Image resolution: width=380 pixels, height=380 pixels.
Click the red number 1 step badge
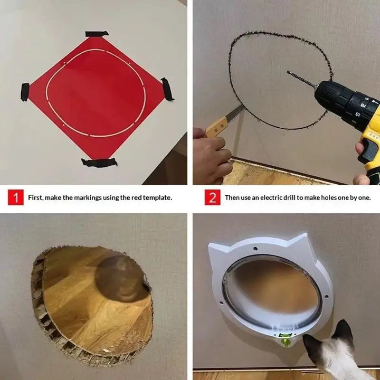point(15,198)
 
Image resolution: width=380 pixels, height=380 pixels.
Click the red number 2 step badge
point(212,198)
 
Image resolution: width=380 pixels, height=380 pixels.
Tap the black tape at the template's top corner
point(97,34)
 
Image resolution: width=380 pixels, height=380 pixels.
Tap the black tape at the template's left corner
point(24,92)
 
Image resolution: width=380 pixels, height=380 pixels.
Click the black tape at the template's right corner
point(167,89)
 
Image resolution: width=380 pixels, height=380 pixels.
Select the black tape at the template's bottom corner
point(99,162)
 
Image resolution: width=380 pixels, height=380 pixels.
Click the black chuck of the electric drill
point(330,96)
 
